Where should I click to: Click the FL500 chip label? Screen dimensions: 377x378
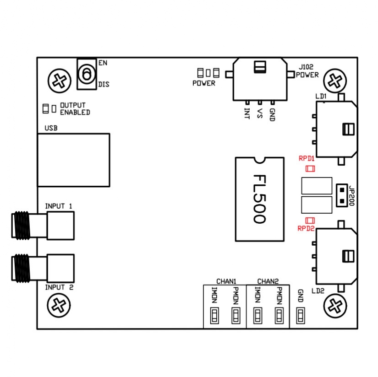259,199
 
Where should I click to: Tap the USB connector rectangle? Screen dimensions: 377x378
73,160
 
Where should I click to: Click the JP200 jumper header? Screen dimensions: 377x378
342,195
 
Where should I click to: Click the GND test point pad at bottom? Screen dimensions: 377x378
301,315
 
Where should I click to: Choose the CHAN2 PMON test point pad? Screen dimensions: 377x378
279,315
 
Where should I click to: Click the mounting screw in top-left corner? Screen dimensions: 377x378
59,81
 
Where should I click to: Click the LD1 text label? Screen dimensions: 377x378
320,97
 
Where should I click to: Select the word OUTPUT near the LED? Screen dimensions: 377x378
73,106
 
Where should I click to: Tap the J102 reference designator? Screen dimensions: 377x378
305,66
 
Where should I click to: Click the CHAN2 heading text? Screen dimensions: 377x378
268,281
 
